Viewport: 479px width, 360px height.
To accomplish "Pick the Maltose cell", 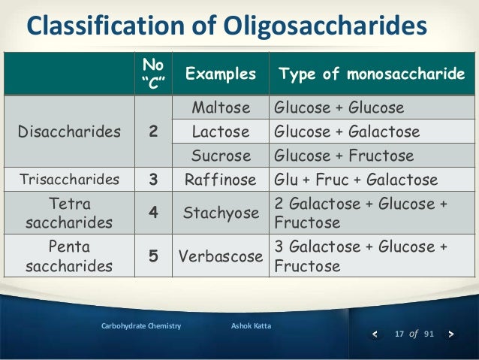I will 221,107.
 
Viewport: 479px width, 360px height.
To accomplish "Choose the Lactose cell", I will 221,132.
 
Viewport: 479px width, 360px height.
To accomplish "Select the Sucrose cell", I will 221,156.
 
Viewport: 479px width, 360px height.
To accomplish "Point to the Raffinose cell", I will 221,180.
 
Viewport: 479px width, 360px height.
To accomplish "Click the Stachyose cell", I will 221,213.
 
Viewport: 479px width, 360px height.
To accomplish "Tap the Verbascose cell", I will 221,256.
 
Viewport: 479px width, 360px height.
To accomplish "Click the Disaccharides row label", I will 69,132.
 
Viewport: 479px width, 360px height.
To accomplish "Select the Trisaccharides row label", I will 69,180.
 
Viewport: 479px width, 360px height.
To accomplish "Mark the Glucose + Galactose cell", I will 347,132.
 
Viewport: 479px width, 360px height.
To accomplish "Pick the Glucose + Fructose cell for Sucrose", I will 344,156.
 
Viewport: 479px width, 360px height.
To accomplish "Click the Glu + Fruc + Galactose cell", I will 355,180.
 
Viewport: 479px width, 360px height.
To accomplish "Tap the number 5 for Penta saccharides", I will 153,256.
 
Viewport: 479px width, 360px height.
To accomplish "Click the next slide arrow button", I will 450,334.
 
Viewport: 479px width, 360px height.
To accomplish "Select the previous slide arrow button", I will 376,334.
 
